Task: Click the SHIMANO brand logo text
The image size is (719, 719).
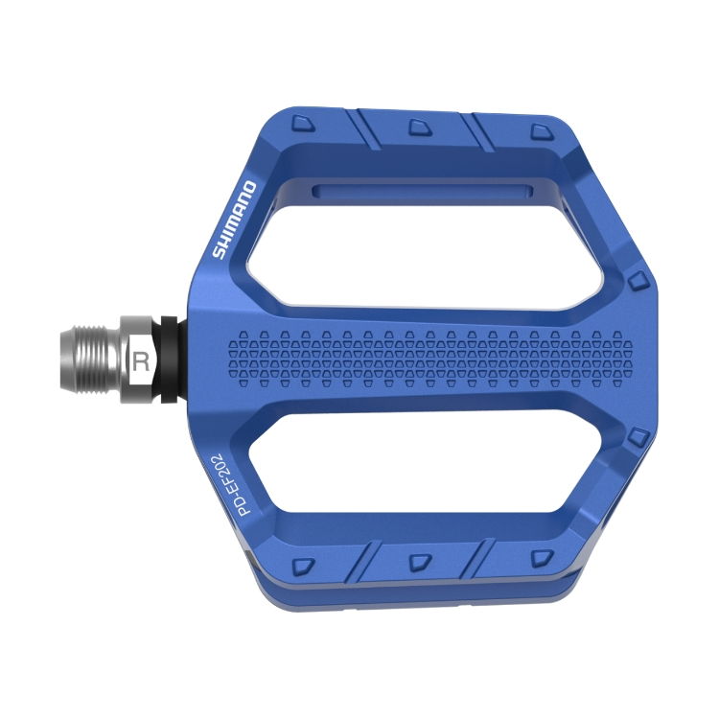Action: click(233, 220)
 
